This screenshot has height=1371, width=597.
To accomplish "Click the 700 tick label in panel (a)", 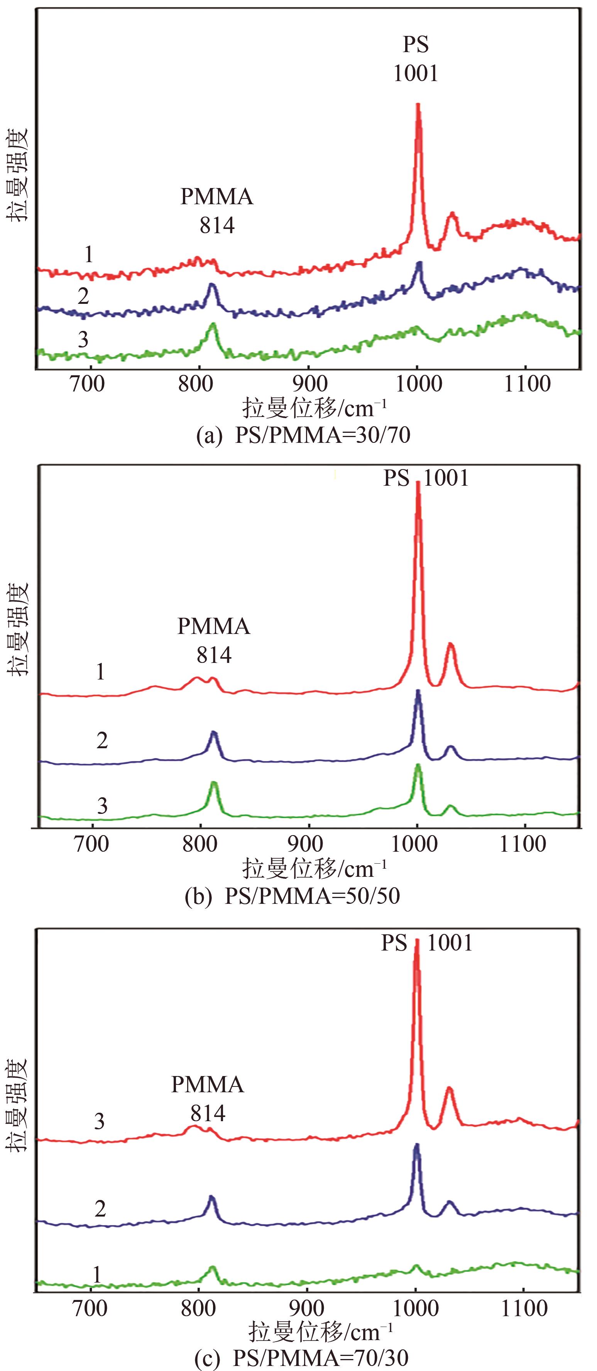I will coord(88,383).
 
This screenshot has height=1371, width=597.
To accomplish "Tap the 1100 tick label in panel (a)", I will coord(527,383).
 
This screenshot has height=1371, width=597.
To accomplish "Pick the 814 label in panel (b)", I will coord(214,655).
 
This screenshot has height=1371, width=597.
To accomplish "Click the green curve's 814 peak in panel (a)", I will coord(213,324).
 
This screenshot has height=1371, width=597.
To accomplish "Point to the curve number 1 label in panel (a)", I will coord(88,254).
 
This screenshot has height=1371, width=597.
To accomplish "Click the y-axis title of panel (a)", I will coord(17,176).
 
